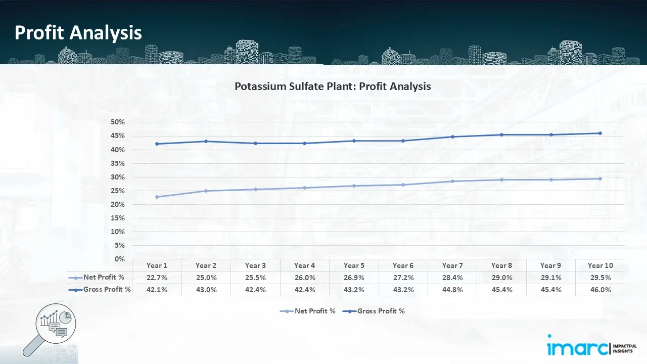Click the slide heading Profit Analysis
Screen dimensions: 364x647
tap(78, 33)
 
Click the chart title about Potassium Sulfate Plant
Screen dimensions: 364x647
tap(333, 86)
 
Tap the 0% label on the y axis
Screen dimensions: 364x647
tap(120, 259)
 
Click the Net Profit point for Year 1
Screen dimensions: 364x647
tap(157, 197)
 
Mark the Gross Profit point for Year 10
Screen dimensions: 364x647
tap(600, 133)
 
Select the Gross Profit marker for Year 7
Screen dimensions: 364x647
tap(452, 136)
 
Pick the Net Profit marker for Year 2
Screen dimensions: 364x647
tap(206, 191)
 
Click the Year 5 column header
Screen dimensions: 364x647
tap(354, 265)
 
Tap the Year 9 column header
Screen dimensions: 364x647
tap(550, 265)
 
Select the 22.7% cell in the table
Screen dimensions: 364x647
tap(157, 278)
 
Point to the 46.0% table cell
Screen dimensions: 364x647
tap(600, 290)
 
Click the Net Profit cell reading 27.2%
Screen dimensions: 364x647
tap(403, 278)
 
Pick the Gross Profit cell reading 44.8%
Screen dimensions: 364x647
tap(452, 290)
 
